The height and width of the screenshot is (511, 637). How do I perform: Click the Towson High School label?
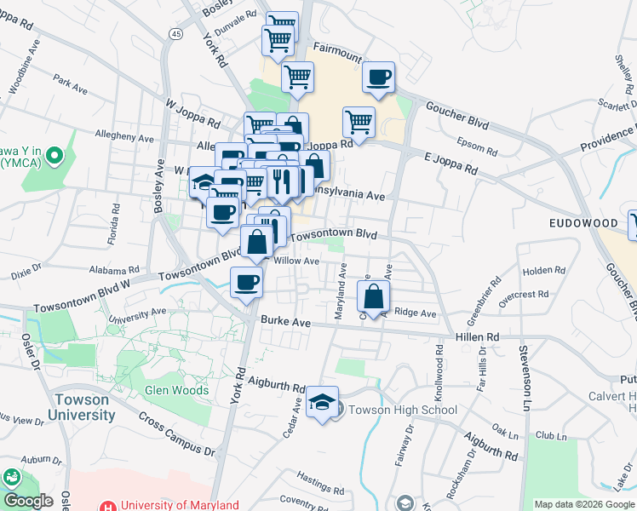click(x=402, y=410)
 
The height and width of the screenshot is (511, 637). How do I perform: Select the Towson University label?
click(x=83, y=407)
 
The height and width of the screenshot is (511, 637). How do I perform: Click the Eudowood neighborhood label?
click(x=582, y=222)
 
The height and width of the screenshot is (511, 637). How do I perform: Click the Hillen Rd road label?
click(x=483, y=337)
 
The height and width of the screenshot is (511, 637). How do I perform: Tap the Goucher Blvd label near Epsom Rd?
click(x=456, y=118)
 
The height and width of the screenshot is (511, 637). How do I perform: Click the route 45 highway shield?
click(x=175, y=33)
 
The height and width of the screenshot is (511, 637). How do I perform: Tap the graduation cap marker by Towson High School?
click(x=323, y=402)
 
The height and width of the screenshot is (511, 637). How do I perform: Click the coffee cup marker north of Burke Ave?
click(x=246, y=282)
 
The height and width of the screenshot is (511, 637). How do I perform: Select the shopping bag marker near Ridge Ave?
click(x=373, y=297)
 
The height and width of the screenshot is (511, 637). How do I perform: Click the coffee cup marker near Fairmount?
click(x=379, y=78)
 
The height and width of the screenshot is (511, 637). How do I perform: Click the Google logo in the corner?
click(x=28, y=500)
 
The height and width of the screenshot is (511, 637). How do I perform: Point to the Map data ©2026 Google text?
click(x=583, y=504)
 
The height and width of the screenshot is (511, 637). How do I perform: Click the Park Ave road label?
click(x=70, y=83)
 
